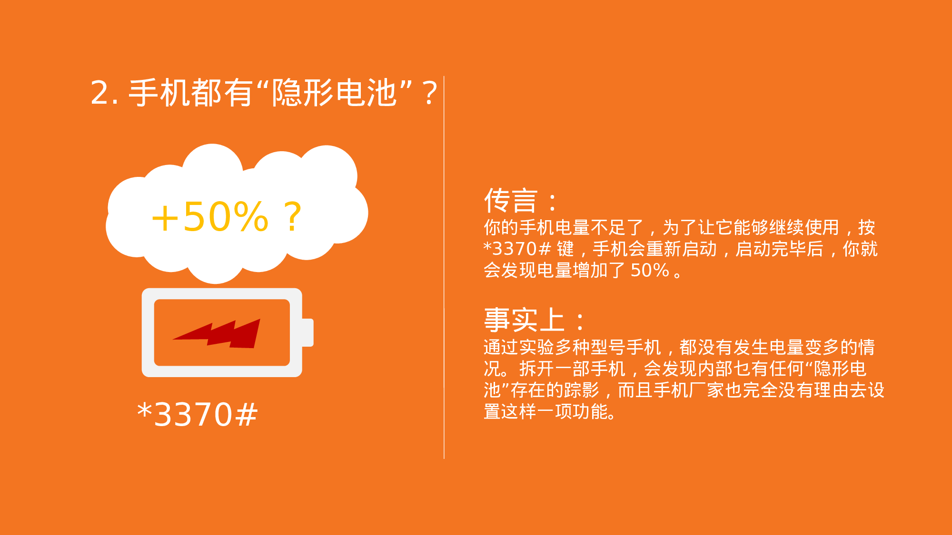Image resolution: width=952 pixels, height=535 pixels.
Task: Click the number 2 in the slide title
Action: [101, 93]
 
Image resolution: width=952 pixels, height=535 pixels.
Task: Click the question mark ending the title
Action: [429, 94]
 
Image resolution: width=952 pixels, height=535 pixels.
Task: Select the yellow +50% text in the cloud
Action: [210, 217]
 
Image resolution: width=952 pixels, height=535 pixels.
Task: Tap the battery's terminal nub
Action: [308, 332]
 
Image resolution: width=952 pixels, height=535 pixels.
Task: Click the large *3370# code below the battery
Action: [197, 414]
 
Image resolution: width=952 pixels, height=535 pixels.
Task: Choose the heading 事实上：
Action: [534, 320]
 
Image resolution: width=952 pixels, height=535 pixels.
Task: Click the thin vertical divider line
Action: [444, 266]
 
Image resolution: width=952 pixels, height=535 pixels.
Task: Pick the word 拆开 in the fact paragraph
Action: [536, 369]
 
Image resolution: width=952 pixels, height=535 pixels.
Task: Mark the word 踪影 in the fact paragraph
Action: [582, 390]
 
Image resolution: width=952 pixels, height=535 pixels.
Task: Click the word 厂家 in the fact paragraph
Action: [706, 390]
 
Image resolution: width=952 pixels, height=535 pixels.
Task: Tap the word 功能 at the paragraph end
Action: [591, 412]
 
